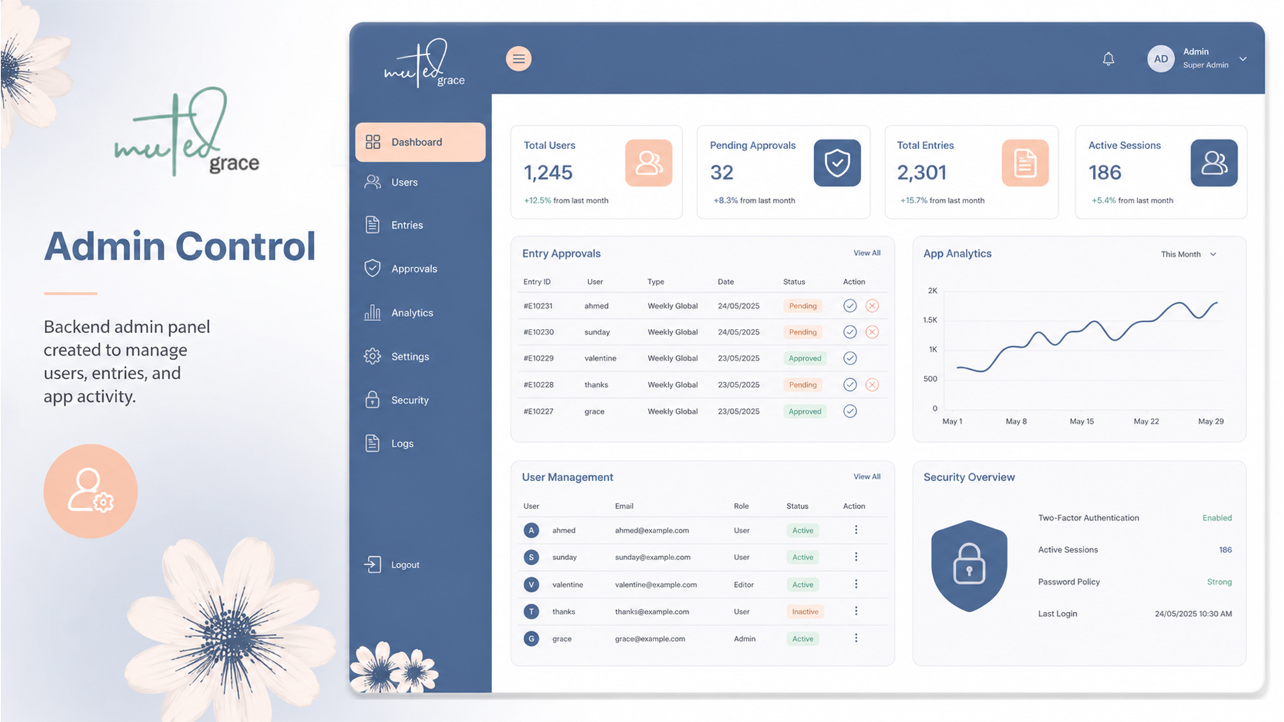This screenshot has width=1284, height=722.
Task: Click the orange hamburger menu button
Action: [x=518, y=59]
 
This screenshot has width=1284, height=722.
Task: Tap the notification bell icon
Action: [x=1108, y=59]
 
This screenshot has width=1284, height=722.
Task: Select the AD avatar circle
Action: [x=1161, y=59]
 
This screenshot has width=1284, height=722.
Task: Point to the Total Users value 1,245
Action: [x=548, y=172]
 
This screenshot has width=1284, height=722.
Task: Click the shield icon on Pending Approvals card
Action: [x=837, y=162]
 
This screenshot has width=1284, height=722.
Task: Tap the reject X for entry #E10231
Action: [x=872, y=306]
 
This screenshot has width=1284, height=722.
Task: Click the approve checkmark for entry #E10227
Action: [x=850, y=411]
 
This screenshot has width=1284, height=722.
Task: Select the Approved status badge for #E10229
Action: [x=805, y=358]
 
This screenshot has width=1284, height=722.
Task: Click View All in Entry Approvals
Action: [x=867, y=253]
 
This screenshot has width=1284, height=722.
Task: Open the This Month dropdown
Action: [x=1188, y=254]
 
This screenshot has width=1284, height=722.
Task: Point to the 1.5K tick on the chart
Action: [x=930, y=320]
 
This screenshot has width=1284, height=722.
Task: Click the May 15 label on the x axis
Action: [x=1081, y=421]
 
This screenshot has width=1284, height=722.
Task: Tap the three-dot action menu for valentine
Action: [x=856, y=584]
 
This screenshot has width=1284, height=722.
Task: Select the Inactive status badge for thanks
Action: [x=805, y=612]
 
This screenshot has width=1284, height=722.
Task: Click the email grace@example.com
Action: [x=650, y=638]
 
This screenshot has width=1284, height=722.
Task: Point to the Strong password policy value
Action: [x=1219, y=582]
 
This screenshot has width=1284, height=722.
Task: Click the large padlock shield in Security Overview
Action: [x=969, y=566]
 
